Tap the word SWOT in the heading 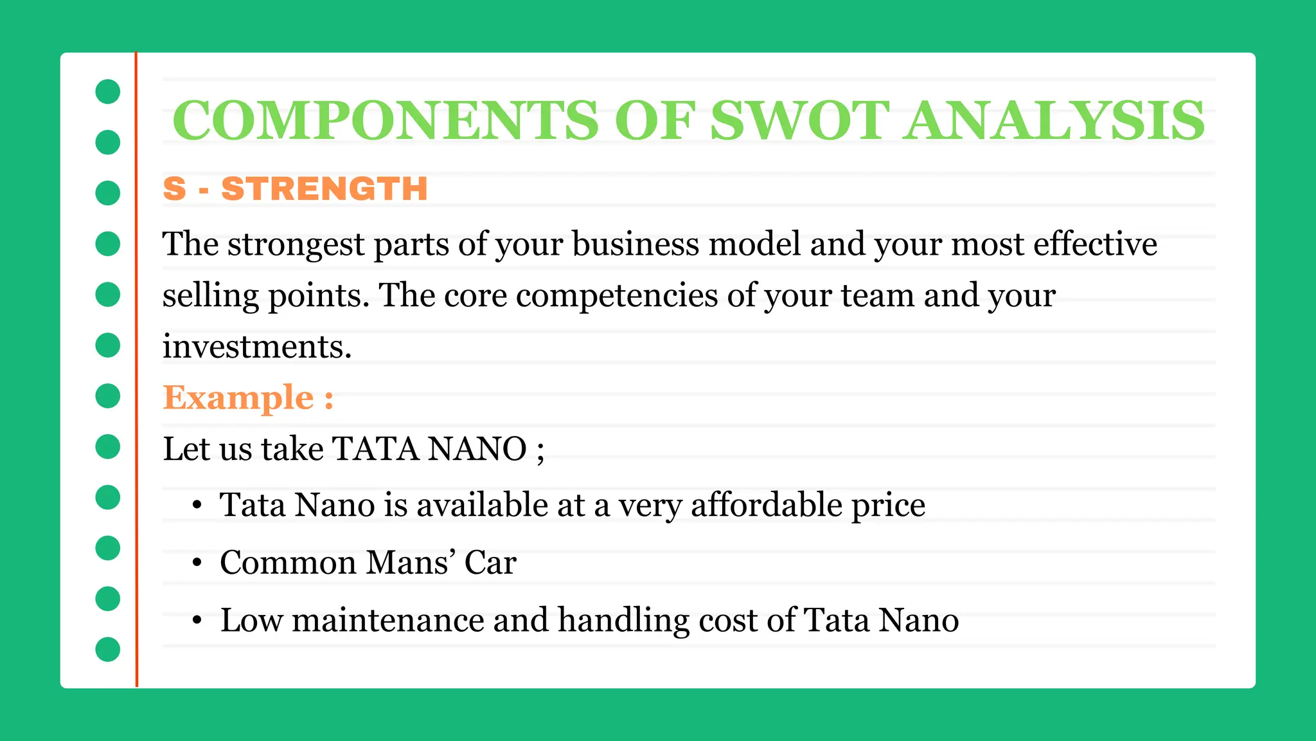799,120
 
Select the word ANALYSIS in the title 1054,120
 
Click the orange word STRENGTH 325,189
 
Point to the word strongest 296,245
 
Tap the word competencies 617,296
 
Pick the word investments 256,347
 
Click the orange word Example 238,398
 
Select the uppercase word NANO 477,449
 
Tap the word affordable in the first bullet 767,505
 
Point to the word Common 288,563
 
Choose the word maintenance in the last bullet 388,620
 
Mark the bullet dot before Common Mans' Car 197,563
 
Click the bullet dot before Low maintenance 197,621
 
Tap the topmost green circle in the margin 108,91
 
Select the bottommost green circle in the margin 108,649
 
